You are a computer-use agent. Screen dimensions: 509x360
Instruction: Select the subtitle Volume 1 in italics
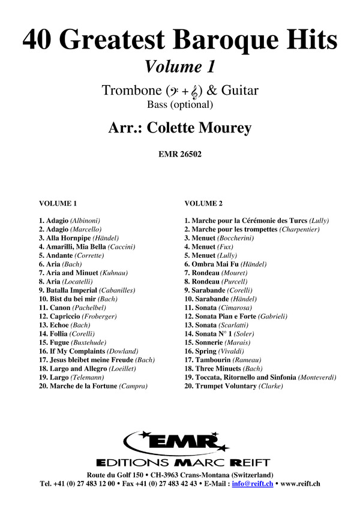point(180,65)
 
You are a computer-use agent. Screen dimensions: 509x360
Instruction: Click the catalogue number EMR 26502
point(180,153)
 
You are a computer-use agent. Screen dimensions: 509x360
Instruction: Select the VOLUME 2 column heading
point(203,203)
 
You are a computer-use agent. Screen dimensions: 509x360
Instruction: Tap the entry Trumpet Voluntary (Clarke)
point(233,386)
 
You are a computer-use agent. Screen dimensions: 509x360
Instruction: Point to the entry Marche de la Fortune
point(93,386)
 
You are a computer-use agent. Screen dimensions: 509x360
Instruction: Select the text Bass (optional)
point(180,105)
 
